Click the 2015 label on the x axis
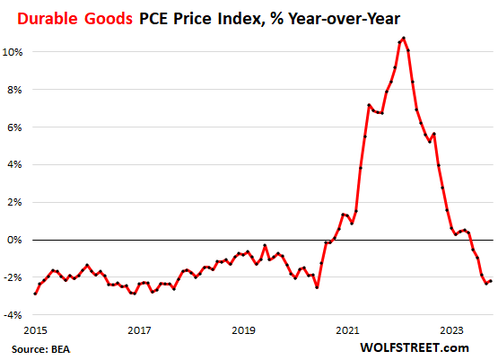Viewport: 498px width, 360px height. point(35,330)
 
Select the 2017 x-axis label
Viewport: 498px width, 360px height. point(139,330)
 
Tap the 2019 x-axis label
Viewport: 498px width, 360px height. point(243,330)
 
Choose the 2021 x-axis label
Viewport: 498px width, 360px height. point(347,330)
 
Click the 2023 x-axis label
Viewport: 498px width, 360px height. point(451,330)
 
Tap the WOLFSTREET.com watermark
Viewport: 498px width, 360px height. point(414,347)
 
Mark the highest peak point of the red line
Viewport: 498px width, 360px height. point(404,38)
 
